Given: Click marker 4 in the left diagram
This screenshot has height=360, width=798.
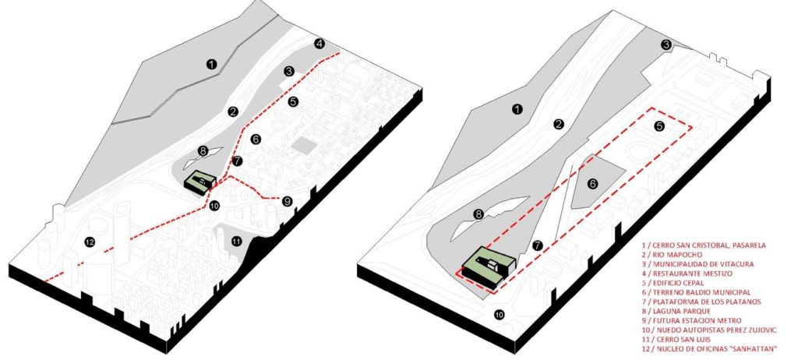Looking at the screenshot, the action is (x=319, y=44).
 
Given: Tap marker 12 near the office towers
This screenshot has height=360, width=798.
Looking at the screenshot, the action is (x=90, y=242).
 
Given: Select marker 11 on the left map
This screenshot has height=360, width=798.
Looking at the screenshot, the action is (x=236, y=241).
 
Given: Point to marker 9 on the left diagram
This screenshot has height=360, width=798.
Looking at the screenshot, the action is (x=287, y=201).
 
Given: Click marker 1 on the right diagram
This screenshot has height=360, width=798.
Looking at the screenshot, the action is (x=517, y=109).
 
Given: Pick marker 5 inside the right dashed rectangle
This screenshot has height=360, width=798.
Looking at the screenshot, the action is (x=659, y=125).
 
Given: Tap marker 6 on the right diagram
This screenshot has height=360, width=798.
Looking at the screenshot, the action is (x=592, y=184).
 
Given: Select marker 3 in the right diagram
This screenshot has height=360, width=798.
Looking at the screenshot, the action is (x=666, y=45).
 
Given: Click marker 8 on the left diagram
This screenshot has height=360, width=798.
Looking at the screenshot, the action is (x=203, y=150).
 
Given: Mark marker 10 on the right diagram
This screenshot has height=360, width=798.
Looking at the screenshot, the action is (x=500, y=315).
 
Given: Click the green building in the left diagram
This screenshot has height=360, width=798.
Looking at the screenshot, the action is (x=199, y=182).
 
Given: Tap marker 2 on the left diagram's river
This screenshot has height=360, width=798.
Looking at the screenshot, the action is (x=233, y=111).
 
